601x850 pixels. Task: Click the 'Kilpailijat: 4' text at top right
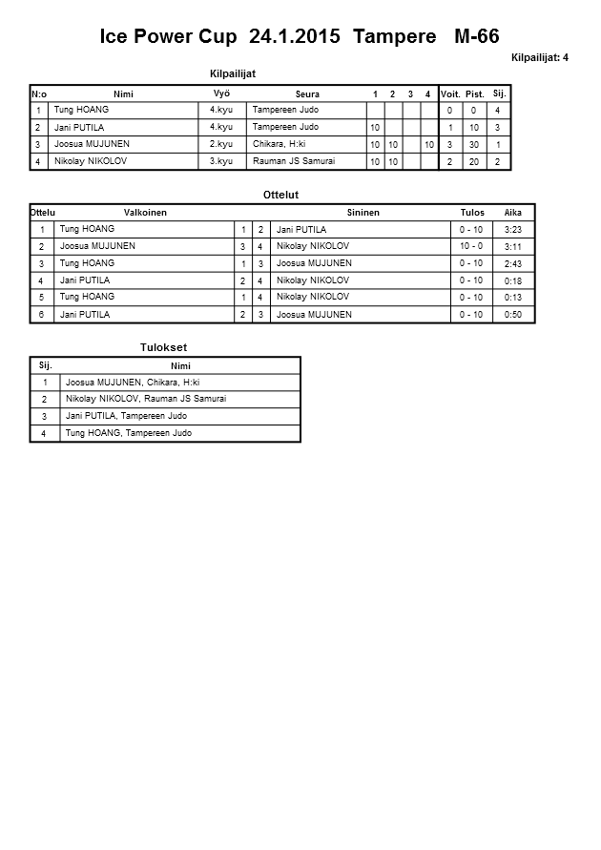point(539,58)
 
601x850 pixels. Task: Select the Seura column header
point(307,94)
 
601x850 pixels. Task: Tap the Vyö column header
point(221,93)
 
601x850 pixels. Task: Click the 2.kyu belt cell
point(221,144)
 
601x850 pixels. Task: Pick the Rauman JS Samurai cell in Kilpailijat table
point(294,161)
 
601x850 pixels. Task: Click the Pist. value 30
point(474,145)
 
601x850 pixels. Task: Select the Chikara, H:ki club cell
point(279,144)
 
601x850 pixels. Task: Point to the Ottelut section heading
point(281,195)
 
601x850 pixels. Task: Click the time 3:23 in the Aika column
point(512,230)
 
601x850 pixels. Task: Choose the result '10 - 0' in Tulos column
point(471,247)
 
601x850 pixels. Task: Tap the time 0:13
point(512,298)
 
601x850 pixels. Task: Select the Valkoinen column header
point(145,213)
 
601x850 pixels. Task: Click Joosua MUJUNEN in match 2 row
point(97,246)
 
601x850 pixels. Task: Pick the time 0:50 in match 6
point(512,315)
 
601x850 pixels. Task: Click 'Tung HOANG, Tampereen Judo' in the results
point(128,433)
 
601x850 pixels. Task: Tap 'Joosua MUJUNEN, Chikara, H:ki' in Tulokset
point(133,383)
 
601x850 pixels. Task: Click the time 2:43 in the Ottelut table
point(512,263)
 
